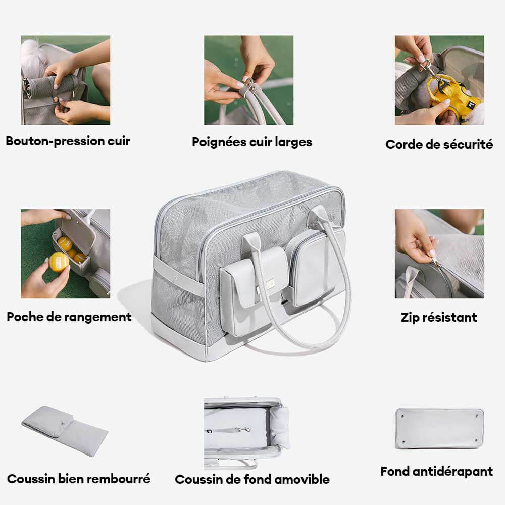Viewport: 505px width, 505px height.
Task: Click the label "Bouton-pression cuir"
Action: tap(68, 141)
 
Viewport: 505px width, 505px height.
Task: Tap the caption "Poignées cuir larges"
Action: tap(252, 142)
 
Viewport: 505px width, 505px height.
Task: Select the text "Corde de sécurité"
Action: tap(439, 144)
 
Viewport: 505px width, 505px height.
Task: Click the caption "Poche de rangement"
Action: tap(69, 317)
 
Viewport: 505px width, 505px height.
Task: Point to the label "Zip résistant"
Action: tap(438, 318)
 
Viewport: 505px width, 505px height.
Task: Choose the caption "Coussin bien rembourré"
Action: tap(79, 478)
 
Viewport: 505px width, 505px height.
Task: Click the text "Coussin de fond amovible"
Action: tap(252, 479)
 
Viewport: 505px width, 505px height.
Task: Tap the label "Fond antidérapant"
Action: tap(436, 472)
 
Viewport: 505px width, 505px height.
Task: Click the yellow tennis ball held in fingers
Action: tap(59, 262)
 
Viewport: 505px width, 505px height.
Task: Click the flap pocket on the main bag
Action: tap(255, 275)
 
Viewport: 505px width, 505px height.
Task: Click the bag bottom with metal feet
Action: tap(439, 428)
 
